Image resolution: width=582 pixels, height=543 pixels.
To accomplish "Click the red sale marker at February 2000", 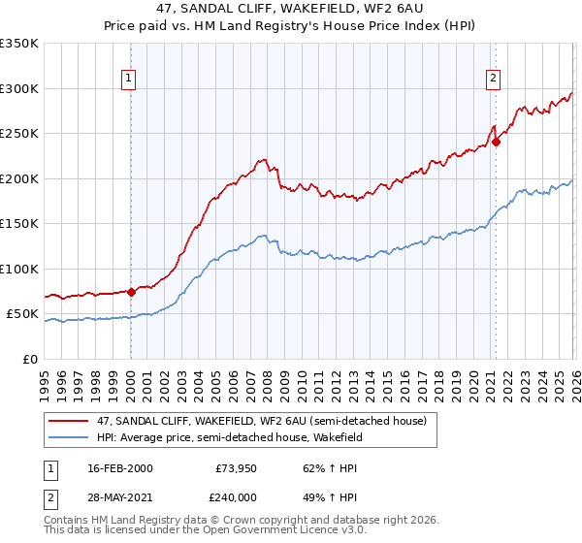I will point(131,291).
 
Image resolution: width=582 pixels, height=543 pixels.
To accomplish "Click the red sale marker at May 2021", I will point(496,142).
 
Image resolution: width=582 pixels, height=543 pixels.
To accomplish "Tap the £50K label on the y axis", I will point(22,314).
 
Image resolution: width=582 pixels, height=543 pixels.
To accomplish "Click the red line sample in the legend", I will point(69,420).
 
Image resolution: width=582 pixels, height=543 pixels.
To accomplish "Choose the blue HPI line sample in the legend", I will point(69,437).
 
